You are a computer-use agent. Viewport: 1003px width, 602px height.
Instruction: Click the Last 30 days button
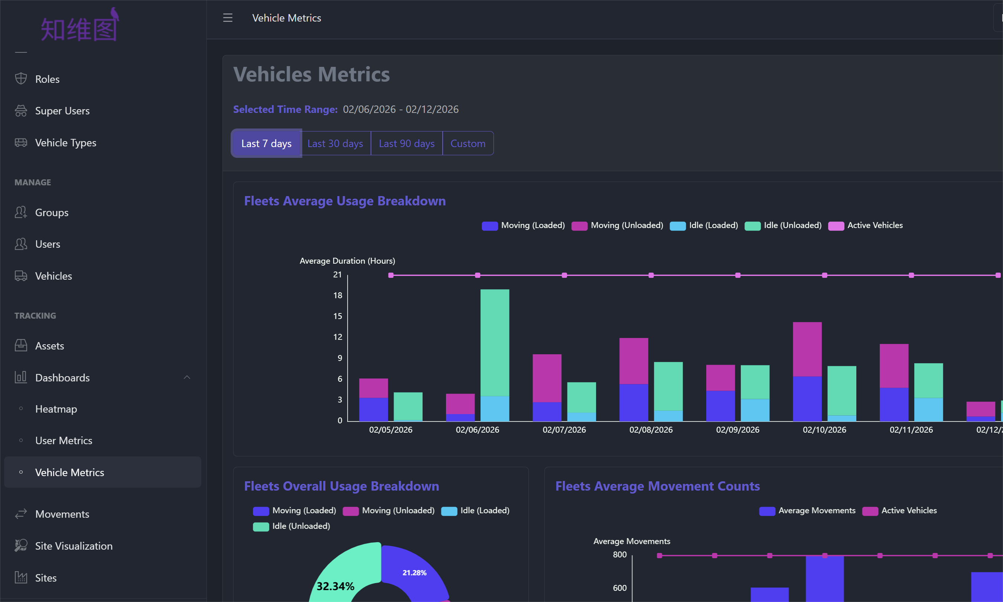click(335, 144)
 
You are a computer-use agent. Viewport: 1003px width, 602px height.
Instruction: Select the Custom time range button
click(468, 144)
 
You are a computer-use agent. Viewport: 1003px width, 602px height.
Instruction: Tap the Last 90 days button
click(406, 144)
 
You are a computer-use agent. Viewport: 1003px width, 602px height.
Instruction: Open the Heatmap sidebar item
click(56, 409)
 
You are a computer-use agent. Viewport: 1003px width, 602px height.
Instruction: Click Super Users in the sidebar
click(62, 111)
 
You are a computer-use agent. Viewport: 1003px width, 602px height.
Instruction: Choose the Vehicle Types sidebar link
click(65, 143)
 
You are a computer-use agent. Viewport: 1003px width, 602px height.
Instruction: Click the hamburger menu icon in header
click(228, 18)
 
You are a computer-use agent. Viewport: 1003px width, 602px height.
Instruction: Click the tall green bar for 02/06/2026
click(494, 343)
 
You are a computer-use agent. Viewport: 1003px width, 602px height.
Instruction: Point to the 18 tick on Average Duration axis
click(338, 295)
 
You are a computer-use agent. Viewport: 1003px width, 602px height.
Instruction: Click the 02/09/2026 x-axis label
click(737, 430)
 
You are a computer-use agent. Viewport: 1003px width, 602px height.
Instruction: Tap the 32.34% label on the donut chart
click(335, 586)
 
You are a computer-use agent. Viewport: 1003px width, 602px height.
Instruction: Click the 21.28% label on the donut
click(414, 573)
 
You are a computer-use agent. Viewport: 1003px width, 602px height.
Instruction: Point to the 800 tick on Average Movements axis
click(619, 554)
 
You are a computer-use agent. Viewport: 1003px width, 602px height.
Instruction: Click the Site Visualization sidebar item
click(74, 546)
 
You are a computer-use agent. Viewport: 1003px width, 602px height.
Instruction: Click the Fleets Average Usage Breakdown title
click(345, 201)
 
